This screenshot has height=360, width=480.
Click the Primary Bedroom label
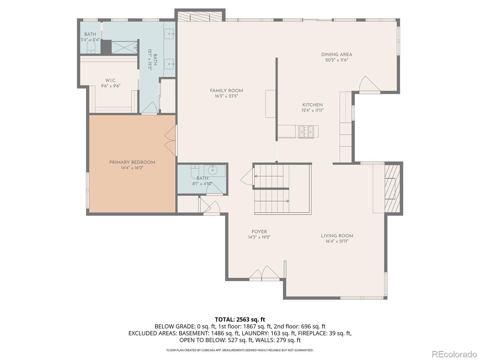coord(132,162)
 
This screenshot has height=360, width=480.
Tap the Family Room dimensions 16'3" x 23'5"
coord(226,96)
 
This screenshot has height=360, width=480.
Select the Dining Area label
coord(337,55)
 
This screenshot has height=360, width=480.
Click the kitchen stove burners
coord(306,132)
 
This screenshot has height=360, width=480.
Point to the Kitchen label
coord(313,105)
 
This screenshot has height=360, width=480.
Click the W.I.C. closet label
coord(111,81)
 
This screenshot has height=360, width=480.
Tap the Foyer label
coord(259,232)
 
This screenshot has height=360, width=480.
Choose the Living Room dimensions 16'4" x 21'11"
coord(337,241)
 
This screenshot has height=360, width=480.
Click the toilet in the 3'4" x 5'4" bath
coord(91,48)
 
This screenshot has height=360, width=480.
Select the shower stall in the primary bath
coord(124,47)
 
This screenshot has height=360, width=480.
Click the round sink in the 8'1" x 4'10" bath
coord(212,170)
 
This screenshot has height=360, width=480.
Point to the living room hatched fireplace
coord(392,188)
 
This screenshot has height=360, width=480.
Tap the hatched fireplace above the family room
coord(200,16)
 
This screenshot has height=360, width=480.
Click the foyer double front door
coord(265,273)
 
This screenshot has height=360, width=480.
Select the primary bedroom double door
coord(171,140)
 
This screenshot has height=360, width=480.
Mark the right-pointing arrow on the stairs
coord(272,201)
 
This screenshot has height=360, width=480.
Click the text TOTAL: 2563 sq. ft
coord(240,319)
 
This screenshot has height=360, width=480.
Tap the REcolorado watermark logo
coord(454,354)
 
